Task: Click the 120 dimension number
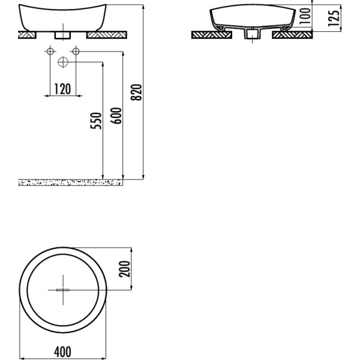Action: (x=62, y=89)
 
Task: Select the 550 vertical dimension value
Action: (x=98, y=120)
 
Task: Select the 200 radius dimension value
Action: (x=124, y=269)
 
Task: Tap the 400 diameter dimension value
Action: (x=62, y=351)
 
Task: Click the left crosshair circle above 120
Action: (x=49, y=52)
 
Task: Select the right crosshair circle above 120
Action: (x=76, y=52)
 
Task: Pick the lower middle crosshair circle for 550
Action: (x=62, y=62)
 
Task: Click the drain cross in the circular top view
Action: (x=62, y=289)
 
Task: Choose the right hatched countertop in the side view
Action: (x=292, y=35)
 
